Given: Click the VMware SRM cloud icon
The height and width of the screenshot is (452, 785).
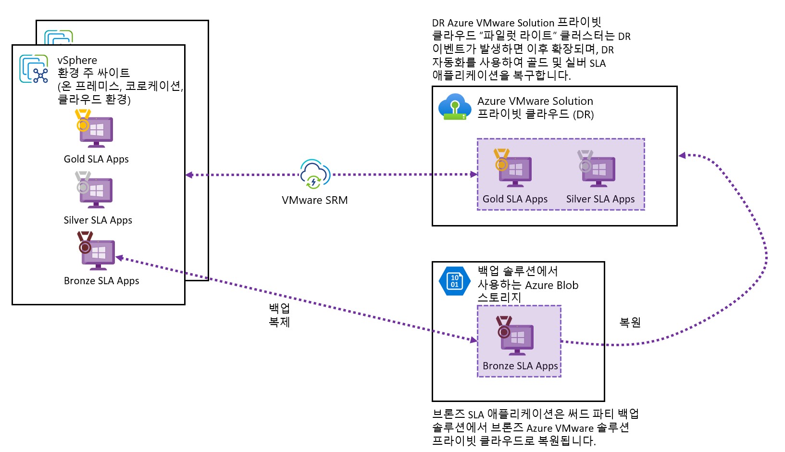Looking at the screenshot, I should point(315,174).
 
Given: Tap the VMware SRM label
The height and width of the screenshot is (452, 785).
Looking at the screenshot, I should point(314,201).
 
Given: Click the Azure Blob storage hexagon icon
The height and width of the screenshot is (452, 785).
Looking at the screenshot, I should point(454,281).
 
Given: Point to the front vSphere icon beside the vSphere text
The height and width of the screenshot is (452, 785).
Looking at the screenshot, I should point(34,69).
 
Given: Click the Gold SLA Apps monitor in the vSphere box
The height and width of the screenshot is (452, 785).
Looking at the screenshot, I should point(96,131).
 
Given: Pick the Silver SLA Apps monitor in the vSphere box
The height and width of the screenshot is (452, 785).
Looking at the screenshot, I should point(96,192).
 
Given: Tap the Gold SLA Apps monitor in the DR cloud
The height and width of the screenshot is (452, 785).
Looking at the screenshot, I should point(515,171).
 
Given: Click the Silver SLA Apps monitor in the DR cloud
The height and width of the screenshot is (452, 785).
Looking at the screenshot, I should point(598,171).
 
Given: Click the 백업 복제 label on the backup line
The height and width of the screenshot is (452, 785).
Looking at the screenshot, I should point(279,315).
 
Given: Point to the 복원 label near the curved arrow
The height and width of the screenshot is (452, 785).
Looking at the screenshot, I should point(630,322).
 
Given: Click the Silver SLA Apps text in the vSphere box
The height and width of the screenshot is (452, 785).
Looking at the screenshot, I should point(98,220).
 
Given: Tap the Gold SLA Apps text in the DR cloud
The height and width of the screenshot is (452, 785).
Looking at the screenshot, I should point(515,199).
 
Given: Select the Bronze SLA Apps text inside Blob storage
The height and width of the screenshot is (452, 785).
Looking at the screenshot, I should point(520,366).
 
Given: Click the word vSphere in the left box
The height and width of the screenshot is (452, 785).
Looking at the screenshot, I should point(77,61).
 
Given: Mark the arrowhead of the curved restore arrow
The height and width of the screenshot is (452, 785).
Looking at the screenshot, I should point(682,155).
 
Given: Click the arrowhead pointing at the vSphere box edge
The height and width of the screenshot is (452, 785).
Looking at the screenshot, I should point(189,175).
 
